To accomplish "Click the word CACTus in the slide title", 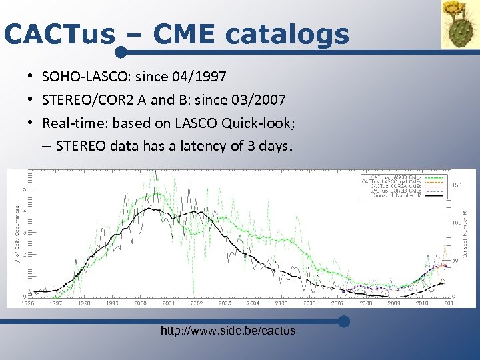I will pos(59,34).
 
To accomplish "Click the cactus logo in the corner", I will pos(459,24).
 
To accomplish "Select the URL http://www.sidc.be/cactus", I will pos(228,331).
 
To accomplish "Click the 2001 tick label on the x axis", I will pos(169,303).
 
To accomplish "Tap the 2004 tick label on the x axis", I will pos(253,303).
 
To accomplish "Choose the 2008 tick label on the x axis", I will pos(367,303).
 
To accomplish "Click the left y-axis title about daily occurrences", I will pos(17,233).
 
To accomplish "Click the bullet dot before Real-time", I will pos(32,123).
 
